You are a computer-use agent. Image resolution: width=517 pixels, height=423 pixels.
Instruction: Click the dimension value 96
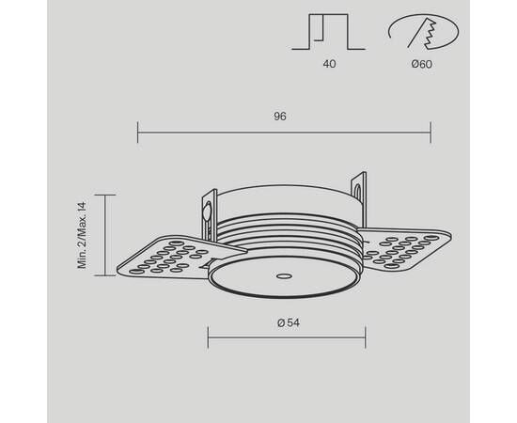click(x=280, y=117)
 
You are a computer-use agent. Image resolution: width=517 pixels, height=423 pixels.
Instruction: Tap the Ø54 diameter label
click(x=288, y=323)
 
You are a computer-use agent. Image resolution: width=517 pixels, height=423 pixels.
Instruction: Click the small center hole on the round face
click(x=282, y=277)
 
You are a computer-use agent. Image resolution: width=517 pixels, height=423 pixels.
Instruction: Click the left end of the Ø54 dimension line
click(x=207, y=337)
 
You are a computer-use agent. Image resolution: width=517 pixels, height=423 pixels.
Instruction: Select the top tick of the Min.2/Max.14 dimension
click(x=105, y=195)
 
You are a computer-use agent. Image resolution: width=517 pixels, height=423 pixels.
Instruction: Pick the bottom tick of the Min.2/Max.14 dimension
click(x=105, y=274)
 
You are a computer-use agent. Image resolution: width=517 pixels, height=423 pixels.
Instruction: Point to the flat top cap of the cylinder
click(x=287, y=188)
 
